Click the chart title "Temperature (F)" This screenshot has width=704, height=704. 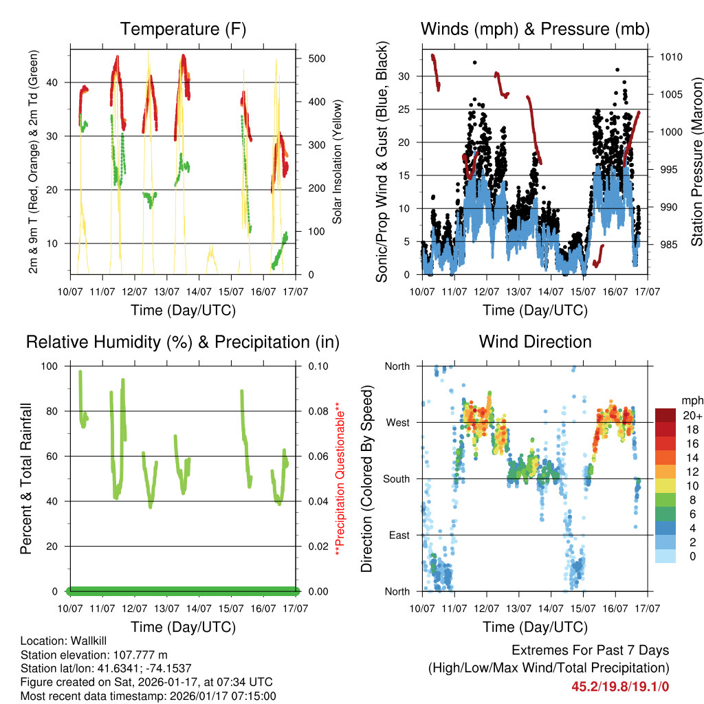(x=183, y=29)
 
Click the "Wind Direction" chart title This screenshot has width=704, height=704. (x=535, y=342)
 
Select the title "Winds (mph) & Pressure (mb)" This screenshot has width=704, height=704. (x=535, y=29)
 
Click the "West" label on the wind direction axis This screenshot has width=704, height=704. (x=397, y=423)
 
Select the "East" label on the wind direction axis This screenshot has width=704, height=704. (x=398, y=536)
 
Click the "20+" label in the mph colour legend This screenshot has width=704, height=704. (x=692, y=415)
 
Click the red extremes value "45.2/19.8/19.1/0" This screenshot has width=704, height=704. (x=620, y=685)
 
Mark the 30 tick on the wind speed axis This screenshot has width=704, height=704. (x=405, y=76)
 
